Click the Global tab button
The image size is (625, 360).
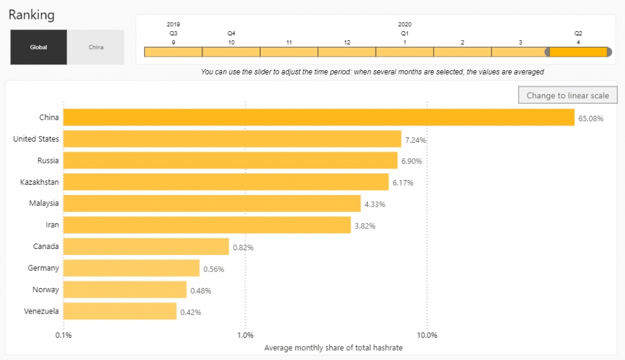click(x=38, y=47)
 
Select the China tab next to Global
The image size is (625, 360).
click(x=96, y=47)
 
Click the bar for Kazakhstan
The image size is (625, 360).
click(x=226, y=182)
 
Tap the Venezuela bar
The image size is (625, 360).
click(x=120, y=311)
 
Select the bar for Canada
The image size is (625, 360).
click(x=146, y=247)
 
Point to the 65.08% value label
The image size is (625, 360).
click(x=591, y=118)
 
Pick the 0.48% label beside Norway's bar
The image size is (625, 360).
click(x=201, y=290)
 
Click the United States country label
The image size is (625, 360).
click(x=36, y=139)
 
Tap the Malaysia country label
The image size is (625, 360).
click(x=44, y=203)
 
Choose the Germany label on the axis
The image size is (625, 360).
click(x=43, y=268)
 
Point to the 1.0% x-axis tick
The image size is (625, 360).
click(x=245, y=335)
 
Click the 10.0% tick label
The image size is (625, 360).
click(x=427, y=335)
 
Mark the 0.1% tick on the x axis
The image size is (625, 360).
click(x=63, y=335)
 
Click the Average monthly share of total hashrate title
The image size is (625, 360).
click(x=333, y=348)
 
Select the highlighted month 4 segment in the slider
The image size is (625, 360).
click(x=578, y=52)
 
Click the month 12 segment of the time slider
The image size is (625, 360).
click(x=347, y=52)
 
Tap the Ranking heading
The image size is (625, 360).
click(x=31, y=14)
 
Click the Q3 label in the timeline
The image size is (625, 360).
click(x=173, y=33)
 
